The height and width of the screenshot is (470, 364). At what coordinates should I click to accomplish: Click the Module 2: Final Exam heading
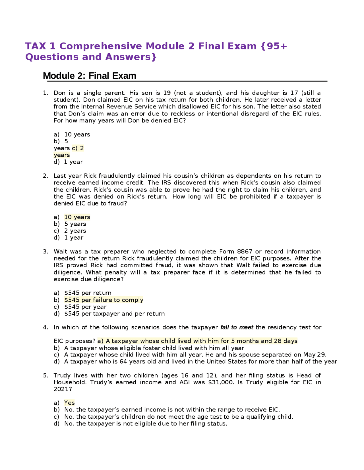89,76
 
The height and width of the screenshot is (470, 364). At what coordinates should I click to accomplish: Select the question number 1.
45,93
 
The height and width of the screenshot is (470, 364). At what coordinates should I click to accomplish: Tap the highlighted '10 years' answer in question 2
77,217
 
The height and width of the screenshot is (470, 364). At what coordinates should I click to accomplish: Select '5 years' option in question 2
75,224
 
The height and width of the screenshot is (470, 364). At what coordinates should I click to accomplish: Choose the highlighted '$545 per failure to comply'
104,300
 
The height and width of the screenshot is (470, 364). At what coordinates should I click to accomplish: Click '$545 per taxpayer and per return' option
114,314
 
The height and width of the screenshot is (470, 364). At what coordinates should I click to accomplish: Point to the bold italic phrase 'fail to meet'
237,327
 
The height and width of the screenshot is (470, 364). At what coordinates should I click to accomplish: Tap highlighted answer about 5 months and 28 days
197,341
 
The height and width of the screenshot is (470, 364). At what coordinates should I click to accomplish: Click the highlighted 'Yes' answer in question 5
69,403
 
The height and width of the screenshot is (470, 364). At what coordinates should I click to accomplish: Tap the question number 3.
45,251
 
